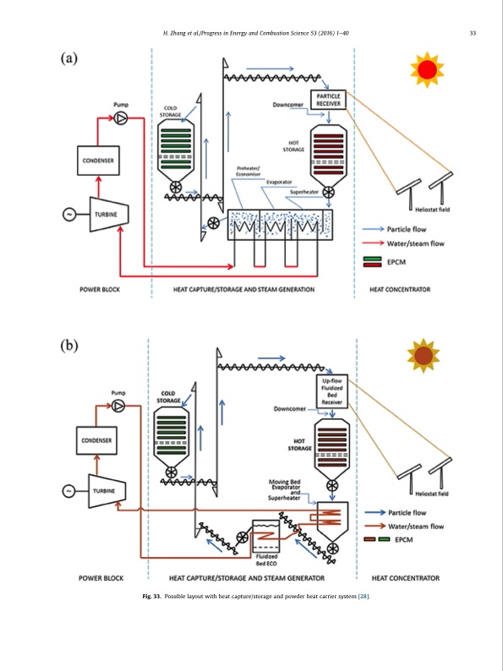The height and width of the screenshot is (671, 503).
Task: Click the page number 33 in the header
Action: click(473, 34)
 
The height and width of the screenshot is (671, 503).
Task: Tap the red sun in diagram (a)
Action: click(426, 70)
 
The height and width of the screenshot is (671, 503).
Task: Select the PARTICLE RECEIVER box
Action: click(328, 100)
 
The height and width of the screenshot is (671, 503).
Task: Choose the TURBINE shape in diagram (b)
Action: click(105, 491)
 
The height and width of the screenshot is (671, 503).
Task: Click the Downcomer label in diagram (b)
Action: click(289, 409)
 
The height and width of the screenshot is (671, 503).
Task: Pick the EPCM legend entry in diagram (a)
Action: click(397, 263)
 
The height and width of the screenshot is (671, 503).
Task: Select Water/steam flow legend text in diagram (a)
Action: click(414, 244)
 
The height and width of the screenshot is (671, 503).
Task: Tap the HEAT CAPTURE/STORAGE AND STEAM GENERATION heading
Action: click(243, 289)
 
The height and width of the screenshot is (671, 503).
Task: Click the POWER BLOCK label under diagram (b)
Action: click(101, 578)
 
